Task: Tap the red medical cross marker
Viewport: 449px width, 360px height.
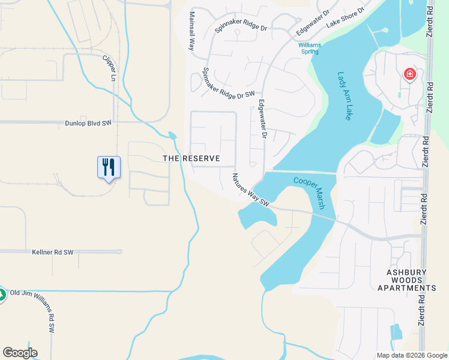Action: coord(409,74)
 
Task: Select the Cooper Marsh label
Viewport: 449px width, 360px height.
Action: coord(313,193)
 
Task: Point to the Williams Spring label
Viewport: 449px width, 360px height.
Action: coord(310,48)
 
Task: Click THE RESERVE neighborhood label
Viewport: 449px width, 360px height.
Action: coord(191,159)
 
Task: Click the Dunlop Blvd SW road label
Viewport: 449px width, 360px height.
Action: coord(88,123)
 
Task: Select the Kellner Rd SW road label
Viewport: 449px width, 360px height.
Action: coord(52,253)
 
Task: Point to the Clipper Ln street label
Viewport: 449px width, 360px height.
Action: coord(109,68)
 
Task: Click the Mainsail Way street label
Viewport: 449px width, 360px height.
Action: coord(193,32)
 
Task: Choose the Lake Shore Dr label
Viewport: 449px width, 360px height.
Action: coord(345,19)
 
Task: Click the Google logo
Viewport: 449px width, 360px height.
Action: coord(20,353)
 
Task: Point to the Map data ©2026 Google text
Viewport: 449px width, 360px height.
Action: coord(412,355)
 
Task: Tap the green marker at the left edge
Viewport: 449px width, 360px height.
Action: coord(2,295)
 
